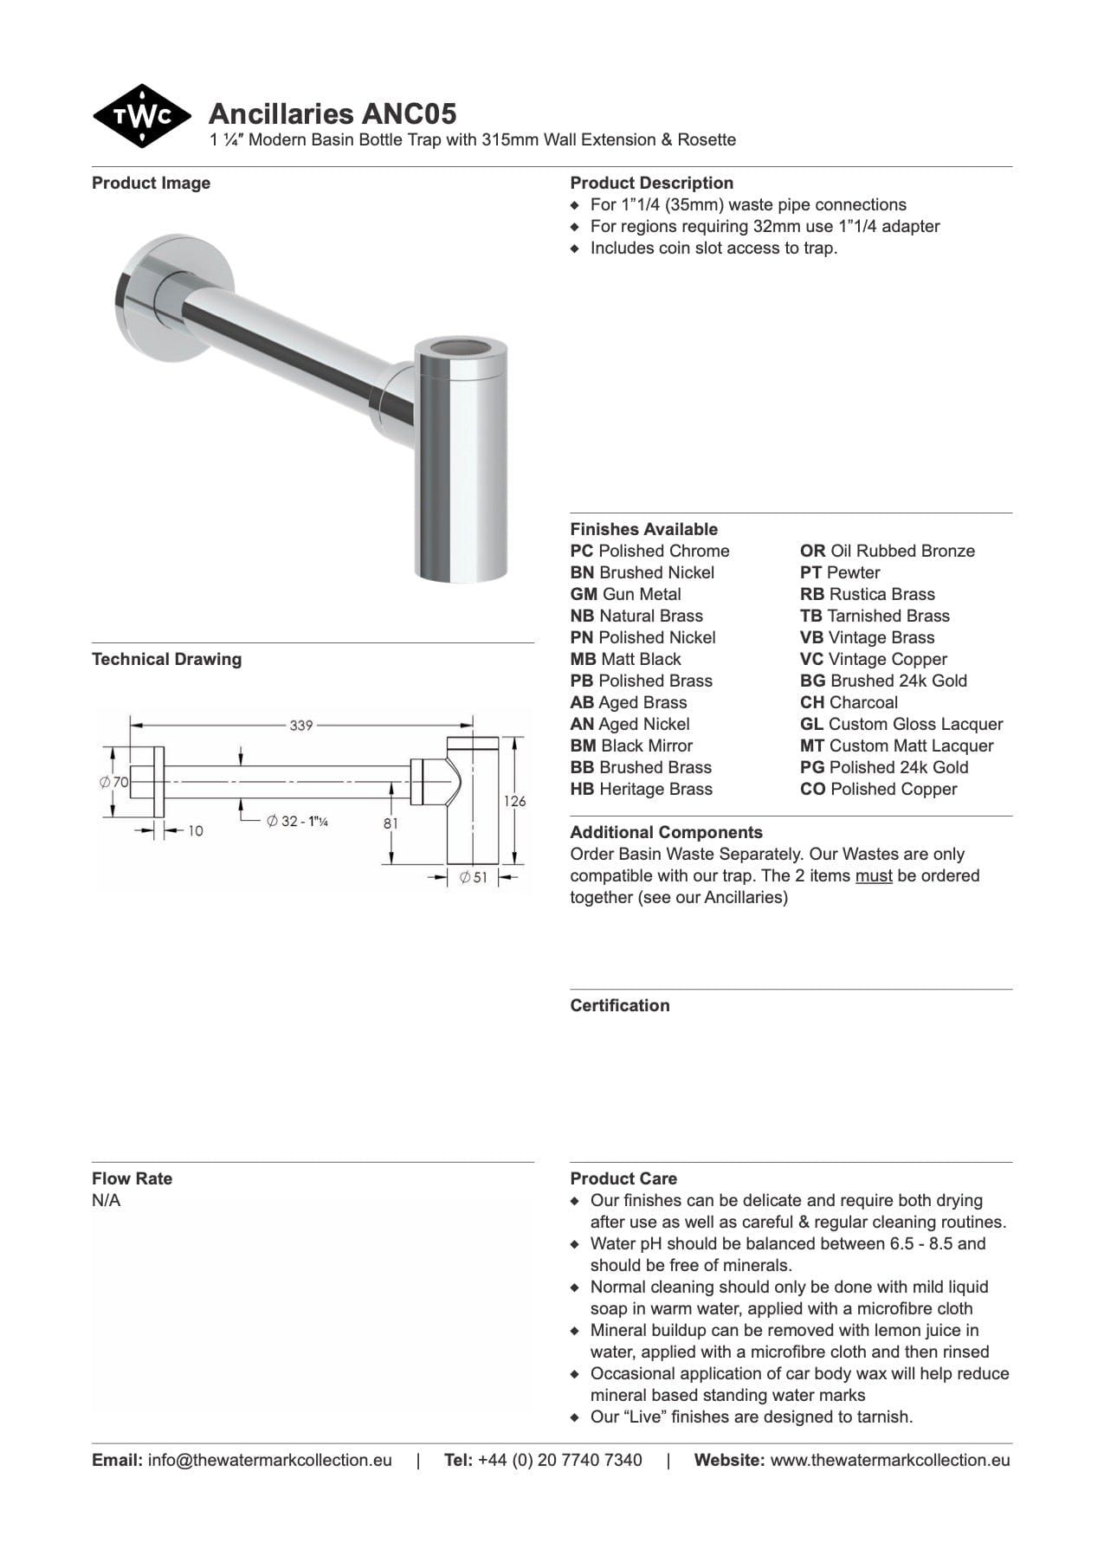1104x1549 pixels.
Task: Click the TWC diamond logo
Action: (141, 116)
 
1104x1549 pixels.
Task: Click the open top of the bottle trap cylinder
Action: (460, 349)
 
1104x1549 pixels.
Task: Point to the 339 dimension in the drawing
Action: (300, 725)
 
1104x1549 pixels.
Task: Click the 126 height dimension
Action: (514, 801)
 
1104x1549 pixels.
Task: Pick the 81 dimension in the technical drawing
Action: (391, 823)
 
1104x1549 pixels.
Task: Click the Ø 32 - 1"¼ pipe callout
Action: (297, 821)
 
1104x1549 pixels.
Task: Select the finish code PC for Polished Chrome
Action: (582, 551)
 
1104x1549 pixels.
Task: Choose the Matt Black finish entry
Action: (625, 659)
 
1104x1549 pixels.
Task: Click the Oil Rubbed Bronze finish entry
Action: (887, 551)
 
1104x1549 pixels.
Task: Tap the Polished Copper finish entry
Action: (878, 789)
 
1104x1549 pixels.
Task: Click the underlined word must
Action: (873, 875)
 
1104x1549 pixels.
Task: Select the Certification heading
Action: (619, 1005)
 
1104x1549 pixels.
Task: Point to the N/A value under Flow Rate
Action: (107, 1200)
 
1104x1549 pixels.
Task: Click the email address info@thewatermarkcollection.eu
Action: (269, 1460)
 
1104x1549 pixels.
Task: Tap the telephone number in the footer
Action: (559, 1460)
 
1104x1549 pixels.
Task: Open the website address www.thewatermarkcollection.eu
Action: (889, 1460)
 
